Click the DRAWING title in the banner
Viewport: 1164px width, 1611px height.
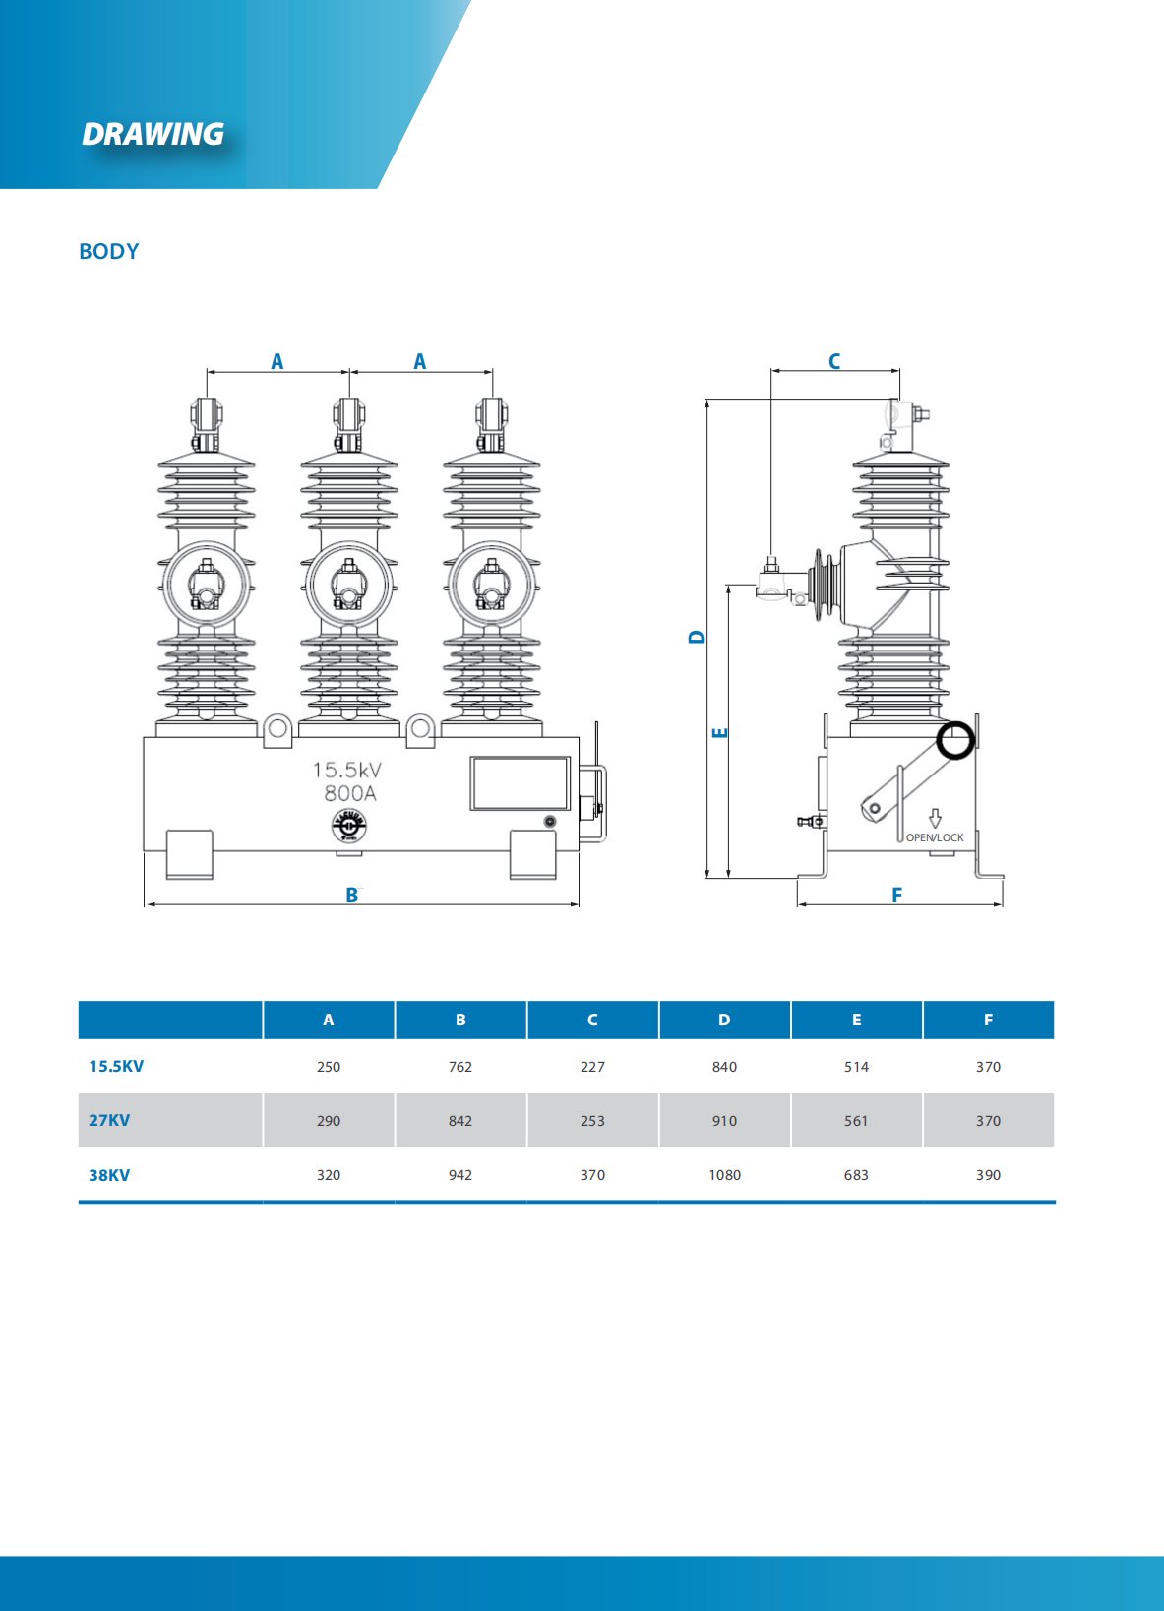click(x=153, y=134)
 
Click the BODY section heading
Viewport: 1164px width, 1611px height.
click(x=109, y=251)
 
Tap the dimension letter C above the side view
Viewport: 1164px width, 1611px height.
click(x=834, y=361)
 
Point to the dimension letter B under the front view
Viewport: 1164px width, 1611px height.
click(x=351, y=895)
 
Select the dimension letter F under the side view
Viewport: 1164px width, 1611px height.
click(x=896, y=895)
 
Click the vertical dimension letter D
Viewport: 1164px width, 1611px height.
click(x=697, y=637)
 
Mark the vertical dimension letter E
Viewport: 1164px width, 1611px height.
click(x=720, y=732)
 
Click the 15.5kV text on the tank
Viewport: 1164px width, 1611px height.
click(x=346, y=770)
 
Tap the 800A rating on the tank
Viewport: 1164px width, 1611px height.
click(x=349, y=793)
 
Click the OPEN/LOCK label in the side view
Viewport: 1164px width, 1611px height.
click(x=935, y=837)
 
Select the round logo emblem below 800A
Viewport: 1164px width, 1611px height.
click(x=348, y=826)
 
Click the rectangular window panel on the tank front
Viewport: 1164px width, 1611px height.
click(x=520, y=783)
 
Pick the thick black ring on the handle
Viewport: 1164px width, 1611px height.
click(x=954, y=740)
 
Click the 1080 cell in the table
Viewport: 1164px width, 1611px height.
click(x=724, y=1175)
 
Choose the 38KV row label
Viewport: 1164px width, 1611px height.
click(x=109, y=1175)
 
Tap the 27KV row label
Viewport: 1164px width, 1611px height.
click(x=109, y=1120)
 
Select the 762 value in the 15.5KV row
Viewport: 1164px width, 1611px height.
click(x=460, y=1067)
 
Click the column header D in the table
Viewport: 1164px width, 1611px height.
click(x=724, y=1020)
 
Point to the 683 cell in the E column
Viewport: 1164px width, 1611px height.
click(x=856, y=1175)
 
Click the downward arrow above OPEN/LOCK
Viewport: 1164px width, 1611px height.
click(x=935, y=818)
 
